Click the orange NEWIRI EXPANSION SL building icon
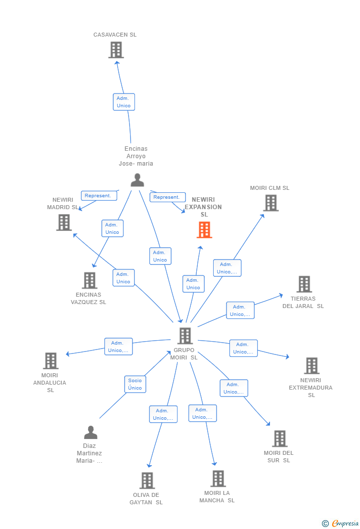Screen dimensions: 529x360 (204, 230)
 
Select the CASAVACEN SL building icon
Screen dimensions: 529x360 (116, 50)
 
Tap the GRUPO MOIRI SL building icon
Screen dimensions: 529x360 (184, 336)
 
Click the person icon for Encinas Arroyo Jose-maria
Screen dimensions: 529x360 (137, 180)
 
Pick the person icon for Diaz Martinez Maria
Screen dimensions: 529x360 (90, 433)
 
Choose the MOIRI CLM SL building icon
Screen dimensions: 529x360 (270, 203)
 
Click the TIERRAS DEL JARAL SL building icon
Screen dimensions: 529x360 (304, 284)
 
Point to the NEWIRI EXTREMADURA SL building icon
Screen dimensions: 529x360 (312, 366)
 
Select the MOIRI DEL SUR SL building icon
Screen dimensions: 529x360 (279, 439)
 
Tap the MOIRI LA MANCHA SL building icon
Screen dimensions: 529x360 (218, 479)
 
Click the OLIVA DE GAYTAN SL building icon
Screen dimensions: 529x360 (147, 481)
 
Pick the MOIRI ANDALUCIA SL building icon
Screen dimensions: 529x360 (50, 361)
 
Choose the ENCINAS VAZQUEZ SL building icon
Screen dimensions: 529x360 (90, 280)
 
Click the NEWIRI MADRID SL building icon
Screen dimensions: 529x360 (64, 222)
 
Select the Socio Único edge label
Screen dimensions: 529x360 (135, 384)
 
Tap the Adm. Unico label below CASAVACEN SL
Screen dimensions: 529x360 (124, 102)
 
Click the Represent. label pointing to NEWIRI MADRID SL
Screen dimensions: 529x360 (99, 196)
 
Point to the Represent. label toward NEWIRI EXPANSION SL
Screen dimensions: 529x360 (168, 197)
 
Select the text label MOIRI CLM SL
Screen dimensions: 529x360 (270, 188)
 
